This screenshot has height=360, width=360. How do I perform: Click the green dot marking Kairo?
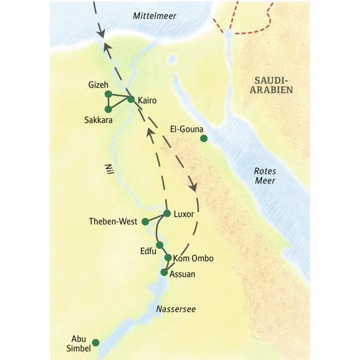[x=131, y=99]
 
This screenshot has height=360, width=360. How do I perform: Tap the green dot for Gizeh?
[x=108, y=94]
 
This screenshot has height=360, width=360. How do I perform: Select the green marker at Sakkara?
[x=108, y=109]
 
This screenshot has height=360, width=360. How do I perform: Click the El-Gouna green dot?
[x=203, y=139]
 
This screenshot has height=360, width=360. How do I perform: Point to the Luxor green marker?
[x=167, y=213]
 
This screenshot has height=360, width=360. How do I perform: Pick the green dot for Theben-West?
[x=145, y=221]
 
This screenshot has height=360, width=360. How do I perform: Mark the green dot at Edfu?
[x=159, y=245]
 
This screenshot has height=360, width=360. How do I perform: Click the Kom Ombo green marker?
[x=168, y=257]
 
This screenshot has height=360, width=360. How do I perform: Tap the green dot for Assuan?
[x=164, y=272]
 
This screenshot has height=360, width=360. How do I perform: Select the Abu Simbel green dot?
[x=95, y=343]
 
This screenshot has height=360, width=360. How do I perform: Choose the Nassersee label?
[x=175, y=309]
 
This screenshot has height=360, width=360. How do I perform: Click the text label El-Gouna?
[x=186, y=128]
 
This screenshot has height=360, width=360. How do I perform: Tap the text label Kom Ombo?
[x=193, y=259]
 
